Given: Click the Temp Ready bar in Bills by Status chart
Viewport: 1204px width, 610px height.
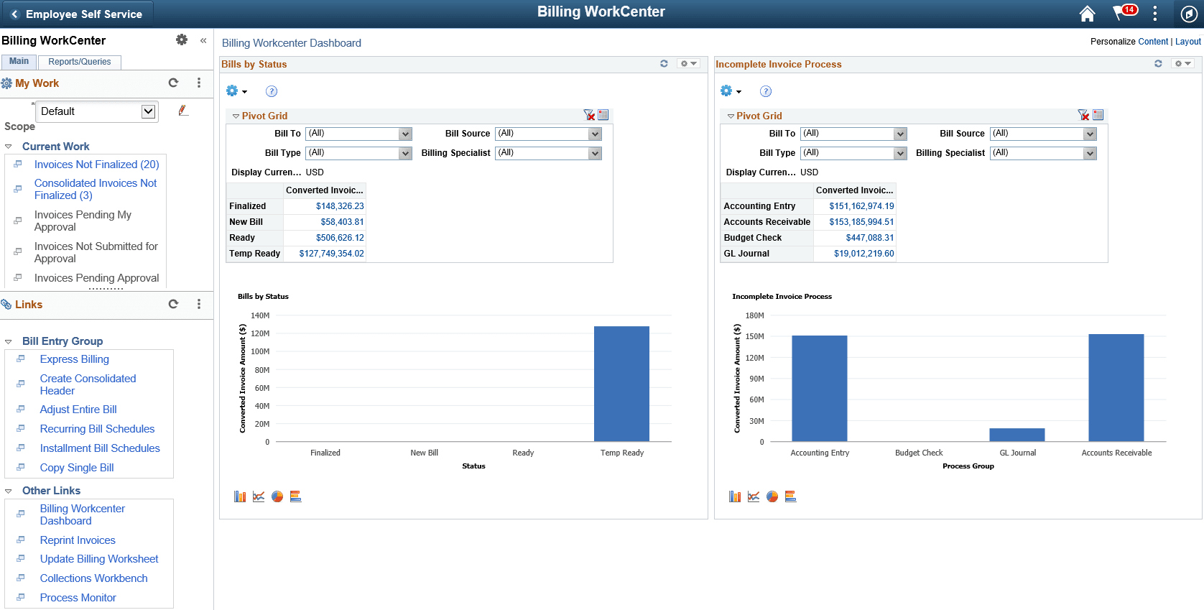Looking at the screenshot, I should (x=621, y=384).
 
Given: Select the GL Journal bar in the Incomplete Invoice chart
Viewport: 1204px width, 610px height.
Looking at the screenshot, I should (x=1017, y=435).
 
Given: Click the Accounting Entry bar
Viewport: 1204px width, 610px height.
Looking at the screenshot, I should (x=819, y=388).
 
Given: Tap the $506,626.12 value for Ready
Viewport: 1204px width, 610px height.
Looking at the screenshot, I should (x=340, y=238).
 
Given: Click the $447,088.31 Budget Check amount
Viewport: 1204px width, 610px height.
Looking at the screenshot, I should (x=869, y=238).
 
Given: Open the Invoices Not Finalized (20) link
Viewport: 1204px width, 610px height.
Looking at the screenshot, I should (x=96, y=165).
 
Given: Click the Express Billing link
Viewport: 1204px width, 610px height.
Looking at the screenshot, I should (x=75, y=359).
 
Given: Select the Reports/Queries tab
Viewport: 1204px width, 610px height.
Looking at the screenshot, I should (x=80, y=62).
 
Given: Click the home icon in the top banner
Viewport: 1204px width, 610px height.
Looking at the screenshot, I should (x=1087, y=14).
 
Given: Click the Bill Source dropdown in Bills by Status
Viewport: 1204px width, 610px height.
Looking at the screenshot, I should (x=548, y=134).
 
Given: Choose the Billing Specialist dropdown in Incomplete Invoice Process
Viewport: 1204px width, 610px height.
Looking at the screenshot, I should (x=1043, y=153).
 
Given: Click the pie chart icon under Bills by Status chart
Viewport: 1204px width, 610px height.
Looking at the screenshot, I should (x=277, y=496).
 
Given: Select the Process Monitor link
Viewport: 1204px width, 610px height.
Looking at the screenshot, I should (x=78, y=598).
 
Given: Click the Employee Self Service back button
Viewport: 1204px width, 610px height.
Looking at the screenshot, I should (x=76, y=14).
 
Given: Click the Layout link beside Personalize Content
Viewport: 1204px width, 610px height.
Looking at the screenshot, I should (x=1187, y=42).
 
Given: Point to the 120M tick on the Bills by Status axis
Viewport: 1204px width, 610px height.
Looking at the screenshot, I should (x=260, y=333).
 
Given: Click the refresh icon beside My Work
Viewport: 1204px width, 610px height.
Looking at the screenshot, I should (x=173, y=83).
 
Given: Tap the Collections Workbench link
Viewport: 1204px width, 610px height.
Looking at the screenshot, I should (x=93, y=578).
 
